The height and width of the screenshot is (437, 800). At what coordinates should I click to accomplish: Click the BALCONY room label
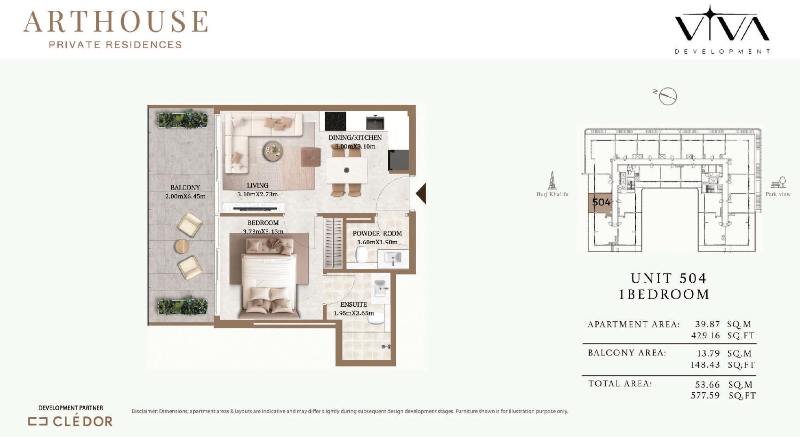[x=185, y=187]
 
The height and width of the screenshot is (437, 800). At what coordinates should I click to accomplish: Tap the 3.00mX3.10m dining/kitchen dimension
[x=355, y=146]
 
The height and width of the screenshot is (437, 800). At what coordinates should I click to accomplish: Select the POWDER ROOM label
[x=377, y=233]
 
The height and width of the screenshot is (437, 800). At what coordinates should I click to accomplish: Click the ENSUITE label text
[x=353, y=304]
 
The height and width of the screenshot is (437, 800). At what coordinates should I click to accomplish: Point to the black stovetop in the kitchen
[x=335, y=121]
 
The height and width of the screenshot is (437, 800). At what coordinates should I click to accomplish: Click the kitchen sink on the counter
[x=375, y=122]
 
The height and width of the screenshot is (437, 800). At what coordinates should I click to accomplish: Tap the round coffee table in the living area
[x=273, y=151]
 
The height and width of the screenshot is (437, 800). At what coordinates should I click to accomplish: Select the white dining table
[x=346, y=170]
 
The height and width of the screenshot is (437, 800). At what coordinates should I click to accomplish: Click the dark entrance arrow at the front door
[x=421, y=193]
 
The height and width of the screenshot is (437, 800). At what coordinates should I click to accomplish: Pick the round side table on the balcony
[x=182, y=246]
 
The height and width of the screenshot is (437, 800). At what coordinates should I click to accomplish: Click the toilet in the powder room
[x=361, y=254]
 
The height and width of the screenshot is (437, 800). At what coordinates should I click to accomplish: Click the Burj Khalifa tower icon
[x=552, y=180]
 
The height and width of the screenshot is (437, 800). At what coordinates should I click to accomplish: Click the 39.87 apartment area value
[x=707, y=324]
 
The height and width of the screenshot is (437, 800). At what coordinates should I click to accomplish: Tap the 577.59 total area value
[x=705, y=396]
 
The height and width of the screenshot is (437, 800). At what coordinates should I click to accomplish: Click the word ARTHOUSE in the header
[x=116, y=22]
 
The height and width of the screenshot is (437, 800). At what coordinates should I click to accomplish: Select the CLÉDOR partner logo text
[x=82, y=421]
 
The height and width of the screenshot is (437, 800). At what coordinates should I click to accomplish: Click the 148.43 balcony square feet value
[x=705, y=365]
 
